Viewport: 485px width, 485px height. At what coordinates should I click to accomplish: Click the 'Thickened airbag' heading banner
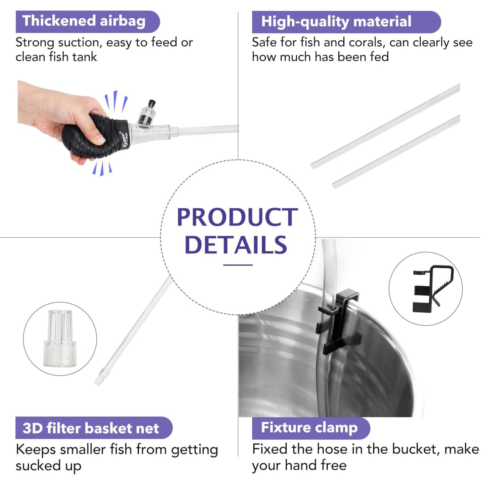pyautogui.click(x=88, y=21)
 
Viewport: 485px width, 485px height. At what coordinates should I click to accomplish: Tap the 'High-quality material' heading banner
pyautogui.click(x=346, y=22)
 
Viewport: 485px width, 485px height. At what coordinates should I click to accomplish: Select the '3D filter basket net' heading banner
pyautogui.click(x=94, y=428)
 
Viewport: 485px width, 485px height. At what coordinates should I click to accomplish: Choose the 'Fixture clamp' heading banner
pyautogui.click(x=311, y=428)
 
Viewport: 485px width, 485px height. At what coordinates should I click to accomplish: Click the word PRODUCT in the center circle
pyautogui.click(x=237, y=217)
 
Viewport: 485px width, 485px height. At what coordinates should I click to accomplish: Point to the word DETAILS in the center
pyautogui.click(x=236, y=245)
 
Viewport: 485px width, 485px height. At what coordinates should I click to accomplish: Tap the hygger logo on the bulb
pyautogui.click(x=125, y=141)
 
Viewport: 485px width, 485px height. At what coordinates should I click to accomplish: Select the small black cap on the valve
pyautogui.click(x=151, y=103)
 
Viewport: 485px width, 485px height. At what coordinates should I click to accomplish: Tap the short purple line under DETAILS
pyautogui.click(x=238, y=265)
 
